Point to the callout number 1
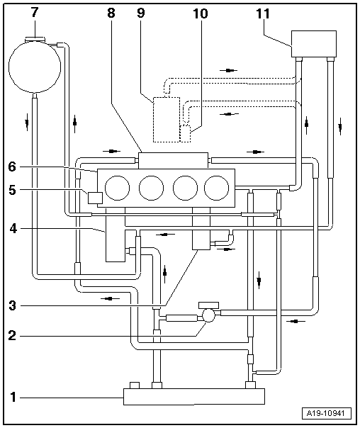click(12, 397)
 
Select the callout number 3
click(12, 306)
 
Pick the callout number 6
click(12, 167)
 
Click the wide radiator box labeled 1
click(193, 395)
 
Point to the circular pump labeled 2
click(209, 315)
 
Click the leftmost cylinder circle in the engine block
click(117, 188)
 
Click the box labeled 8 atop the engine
click(174, 160)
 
